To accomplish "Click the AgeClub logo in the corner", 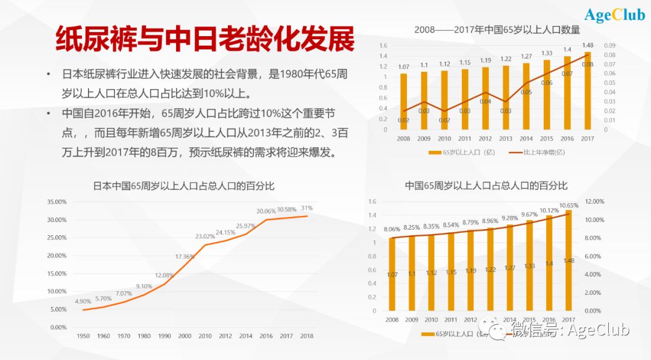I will click(614, 15).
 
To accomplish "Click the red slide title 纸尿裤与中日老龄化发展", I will click(205, 40).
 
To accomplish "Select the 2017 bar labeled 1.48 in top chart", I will click(588, 90).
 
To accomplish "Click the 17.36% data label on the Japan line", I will click(185, 257).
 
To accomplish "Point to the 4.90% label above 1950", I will click(83, 301).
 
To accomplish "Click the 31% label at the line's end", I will click(307, 208).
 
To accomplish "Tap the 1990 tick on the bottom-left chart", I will click(165, 336).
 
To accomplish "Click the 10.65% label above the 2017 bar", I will click(568, 206).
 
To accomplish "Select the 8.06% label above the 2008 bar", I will click(392, 229).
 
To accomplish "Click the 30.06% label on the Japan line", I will click(266, 211).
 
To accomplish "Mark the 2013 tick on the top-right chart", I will click(506, 138).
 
